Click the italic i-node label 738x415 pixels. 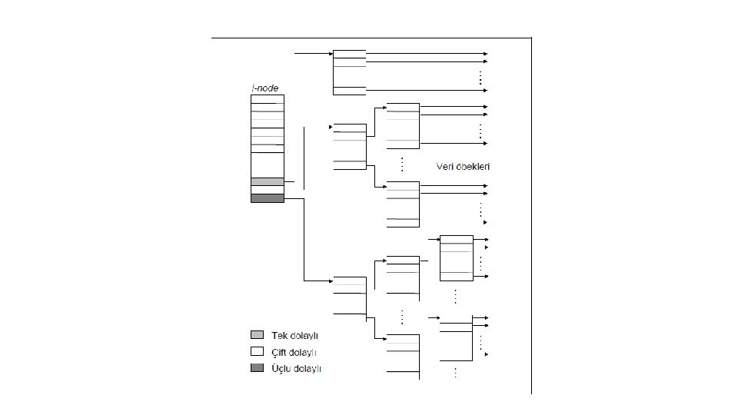(x=264, y=88)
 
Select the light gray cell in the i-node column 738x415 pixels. (x=268, y=181)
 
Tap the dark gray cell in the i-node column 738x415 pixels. (x=268, y=198)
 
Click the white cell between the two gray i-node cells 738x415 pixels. (x=268, y=190)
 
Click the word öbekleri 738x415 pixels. (x=474, y=167)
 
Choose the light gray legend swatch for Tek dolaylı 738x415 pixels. (x=257, y=335)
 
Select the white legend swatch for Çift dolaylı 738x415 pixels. (x=257, y=352)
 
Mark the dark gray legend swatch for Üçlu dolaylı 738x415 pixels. (x=257, y=369)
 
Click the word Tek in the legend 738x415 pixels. (x=280, y=336)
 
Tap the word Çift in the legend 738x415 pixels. (x=281, y=353)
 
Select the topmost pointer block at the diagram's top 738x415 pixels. (x=350, y=72)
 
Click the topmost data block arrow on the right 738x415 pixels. (x=485, y=54)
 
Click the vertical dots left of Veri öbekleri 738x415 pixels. (x=402, y=164)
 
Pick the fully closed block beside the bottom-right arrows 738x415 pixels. (x=456, y=258)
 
